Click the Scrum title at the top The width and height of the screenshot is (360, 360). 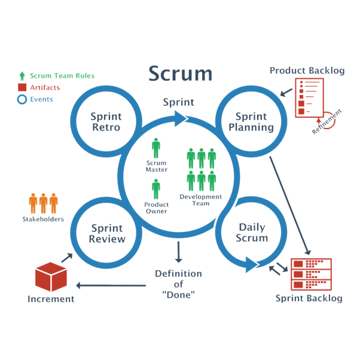pyautogui.click(x=179, y=74)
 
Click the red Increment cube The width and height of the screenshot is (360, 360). pyautogui.click(x=51, y=274)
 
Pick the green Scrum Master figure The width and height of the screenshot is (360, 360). pyautogui.click(x=156, y=149)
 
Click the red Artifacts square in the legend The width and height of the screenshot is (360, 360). pyautogui.click(x=23, y=89)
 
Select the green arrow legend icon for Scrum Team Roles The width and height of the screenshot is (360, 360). pyautogui.click(x=23, y=77)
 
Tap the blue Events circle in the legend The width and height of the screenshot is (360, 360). pyautogui.click(x=23, y=100)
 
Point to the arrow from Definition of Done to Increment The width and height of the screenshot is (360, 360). pyautogui.click(x=113, y=285)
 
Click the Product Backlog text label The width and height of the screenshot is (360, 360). pyautogui.click(x=307, y=71)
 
